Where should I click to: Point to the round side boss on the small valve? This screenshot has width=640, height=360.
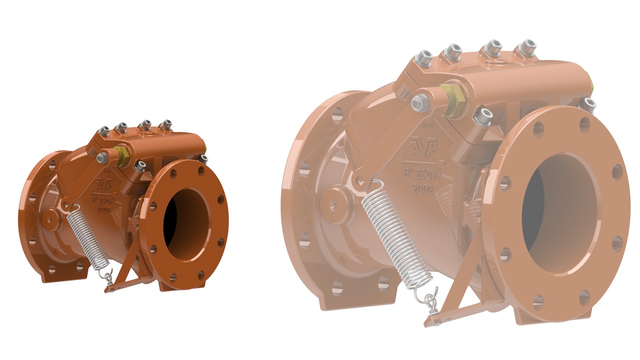point(52,218)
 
